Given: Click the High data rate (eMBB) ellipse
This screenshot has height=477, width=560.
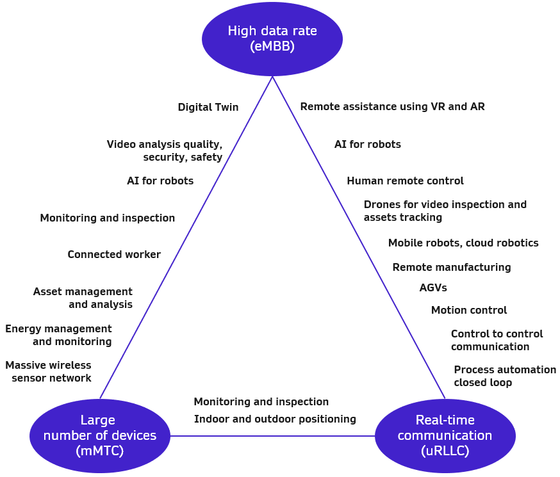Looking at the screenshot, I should (272, 38).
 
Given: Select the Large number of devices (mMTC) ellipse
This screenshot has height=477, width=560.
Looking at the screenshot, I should (100, 435).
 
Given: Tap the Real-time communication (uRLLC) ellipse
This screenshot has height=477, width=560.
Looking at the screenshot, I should (445, 435).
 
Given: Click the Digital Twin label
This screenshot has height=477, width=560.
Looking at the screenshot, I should (208, 108).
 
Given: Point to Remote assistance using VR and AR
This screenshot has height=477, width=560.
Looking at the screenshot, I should (392, 106).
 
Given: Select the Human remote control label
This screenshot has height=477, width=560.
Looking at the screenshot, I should (405, 181).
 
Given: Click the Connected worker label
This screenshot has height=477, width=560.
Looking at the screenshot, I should (114, 255).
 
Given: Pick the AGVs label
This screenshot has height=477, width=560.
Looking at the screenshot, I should (433, 288).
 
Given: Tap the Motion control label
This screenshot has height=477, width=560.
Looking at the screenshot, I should (468, 311).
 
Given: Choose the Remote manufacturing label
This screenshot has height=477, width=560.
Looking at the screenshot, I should (452, 268).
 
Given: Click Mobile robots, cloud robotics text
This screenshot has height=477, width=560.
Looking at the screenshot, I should (463, 243).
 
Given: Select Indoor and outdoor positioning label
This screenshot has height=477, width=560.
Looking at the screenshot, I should (275, 419).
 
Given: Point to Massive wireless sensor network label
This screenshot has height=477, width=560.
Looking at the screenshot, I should (49, 371).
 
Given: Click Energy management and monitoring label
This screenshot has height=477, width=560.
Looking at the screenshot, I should (59, 335).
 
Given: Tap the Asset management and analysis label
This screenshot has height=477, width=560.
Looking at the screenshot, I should (83, 298).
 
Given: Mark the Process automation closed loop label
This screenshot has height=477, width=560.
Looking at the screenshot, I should (504, 376).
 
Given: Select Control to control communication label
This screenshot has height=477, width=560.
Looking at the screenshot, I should (496, 340).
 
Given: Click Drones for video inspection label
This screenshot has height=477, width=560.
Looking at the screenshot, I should (445, 211).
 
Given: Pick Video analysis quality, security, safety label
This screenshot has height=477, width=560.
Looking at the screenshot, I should (165, 150).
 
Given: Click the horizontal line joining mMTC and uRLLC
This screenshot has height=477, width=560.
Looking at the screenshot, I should (272, 436).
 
